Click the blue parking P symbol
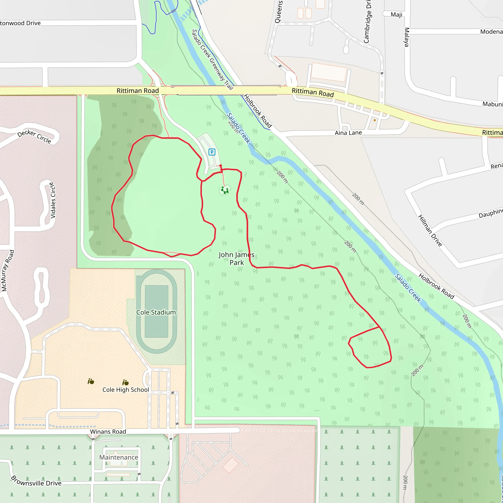click(x=212, y=152)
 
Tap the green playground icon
click(x=225, y=190)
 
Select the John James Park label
click(x=237, y=259)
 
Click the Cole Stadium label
click(x=156, y=312)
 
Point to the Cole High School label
click(x=126, y=390)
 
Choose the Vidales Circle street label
click(x=53, y=200)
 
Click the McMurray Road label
click(x=8, y=271)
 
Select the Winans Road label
click(x=108, y=432)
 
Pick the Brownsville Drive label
click(x=36, y=481)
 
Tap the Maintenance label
click(x=119, y=457)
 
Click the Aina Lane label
click(x=348, y=133)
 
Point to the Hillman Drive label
click(x=430, y=231)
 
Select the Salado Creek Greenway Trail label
click(x=212, y=59)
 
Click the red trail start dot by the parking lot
click(x=221, y=166)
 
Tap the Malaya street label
click(x=407, y=37)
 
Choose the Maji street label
click(x=396, y=14)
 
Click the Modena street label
click(x=491, y=32)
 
